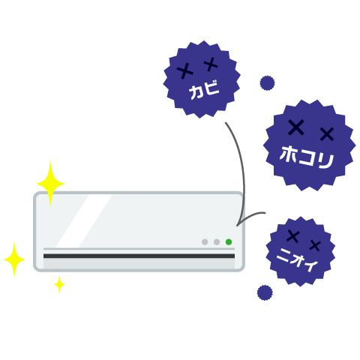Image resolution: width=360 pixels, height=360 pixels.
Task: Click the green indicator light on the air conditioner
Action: (229, 241)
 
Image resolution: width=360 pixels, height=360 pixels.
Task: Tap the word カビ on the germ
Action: (204, 89)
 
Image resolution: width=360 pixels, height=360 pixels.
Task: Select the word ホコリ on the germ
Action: (307, 157)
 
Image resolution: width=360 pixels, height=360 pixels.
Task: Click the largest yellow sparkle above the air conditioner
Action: (50, 184)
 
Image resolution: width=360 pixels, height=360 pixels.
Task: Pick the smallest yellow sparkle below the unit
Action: (59, 284)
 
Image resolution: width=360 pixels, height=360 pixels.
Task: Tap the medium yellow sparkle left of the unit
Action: (14, 259)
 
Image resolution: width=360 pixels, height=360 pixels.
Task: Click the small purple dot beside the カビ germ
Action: (267, 83)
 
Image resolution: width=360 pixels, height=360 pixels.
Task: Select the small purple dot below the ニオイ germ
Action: (265, 292)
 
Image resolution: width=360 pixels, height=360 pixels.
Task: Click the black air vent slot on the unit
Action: (139, 256)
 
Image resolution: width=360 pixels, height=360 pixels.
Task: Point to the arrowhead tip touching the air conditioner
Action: (237, 226)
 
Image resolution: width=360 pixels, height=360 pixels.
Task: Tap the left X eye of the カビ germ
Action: (185, 71)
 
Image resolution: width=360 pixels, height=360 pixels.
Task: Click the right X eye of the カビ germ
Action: (211, 64)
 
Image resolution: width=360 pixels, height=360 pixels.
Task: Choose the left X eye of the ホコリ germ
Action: (296, 127)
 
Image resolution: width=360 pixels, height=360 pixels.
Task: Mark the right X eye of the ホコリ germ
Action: (327, 134)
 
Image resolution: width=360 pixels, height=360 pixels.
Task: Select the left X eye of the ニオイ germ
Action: (293, 236)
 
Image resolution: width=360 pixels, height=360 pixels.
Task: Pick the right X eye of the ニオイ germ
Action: (315, 245)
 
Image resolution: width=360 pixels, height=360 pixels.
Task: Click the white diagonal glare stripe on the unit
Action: (83, 221)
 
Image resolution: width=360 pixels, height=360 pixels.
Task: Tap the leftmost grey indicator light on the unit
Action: (205, 241)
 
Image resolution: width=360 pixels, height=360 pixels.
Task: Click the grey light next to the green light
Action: (217, 241)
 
